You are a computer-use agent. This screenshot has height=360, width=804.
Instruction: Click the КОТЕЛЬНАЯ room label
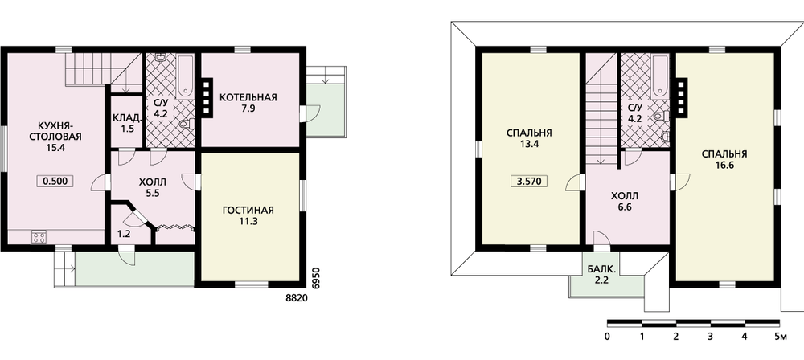[248, 97]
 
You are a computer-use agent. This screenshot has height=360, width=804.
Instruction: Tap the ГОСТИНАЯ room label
[248, 211]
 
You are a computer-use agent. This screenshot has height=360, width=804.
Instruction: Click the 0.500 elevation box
[55, 181]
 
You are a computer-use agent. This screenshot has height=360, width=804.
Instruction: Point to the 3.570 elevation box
[529, 182]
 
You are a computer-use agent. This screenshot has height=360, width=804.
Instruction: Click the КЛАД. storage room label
[128, 118]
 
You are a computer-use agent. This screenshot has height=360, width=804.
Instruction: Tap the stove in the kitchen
[39, 237]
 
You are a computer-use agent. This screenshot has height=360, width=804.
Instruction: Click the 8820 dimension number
[297, 297]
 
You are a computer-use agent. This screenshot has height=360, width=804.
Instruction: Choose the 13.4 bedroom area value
[529, 144]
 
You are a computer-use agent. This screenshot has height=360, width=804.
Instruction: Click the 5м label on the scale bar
[781, 337]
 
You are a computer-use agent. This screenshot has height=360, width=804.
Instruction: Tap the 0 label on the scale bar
[608, 337]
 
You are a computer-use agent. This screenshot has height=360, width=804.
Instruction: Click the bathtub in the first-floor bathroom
[186, 76]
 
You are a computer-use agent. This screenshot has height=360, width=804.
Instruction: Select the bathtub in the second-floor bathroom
[660, 76]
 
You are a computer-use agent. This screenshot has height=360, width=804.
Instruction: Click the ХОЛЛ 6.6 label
[625, 202]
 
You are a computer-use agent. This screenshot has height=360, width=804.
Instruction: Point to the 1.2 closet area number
[124, 235]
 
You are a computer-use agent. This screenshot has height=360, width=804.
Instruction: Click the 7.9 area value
[248, 108]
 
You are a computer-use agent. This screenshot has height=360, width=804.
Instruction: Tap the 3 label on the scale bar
[710, 337]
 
